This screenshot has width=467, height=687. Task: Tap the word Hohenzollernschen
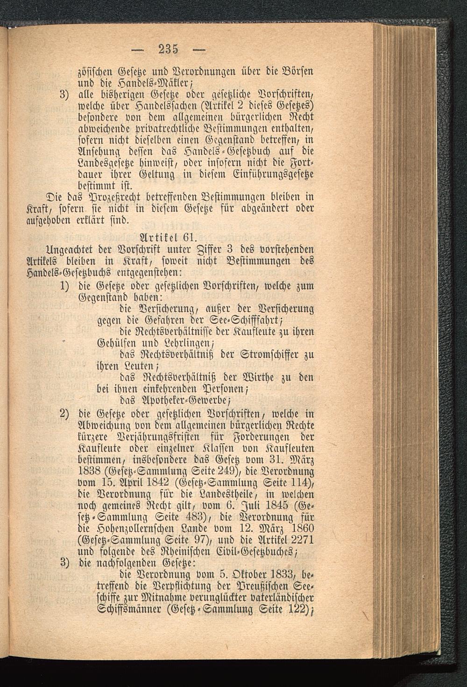point(134,528)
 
